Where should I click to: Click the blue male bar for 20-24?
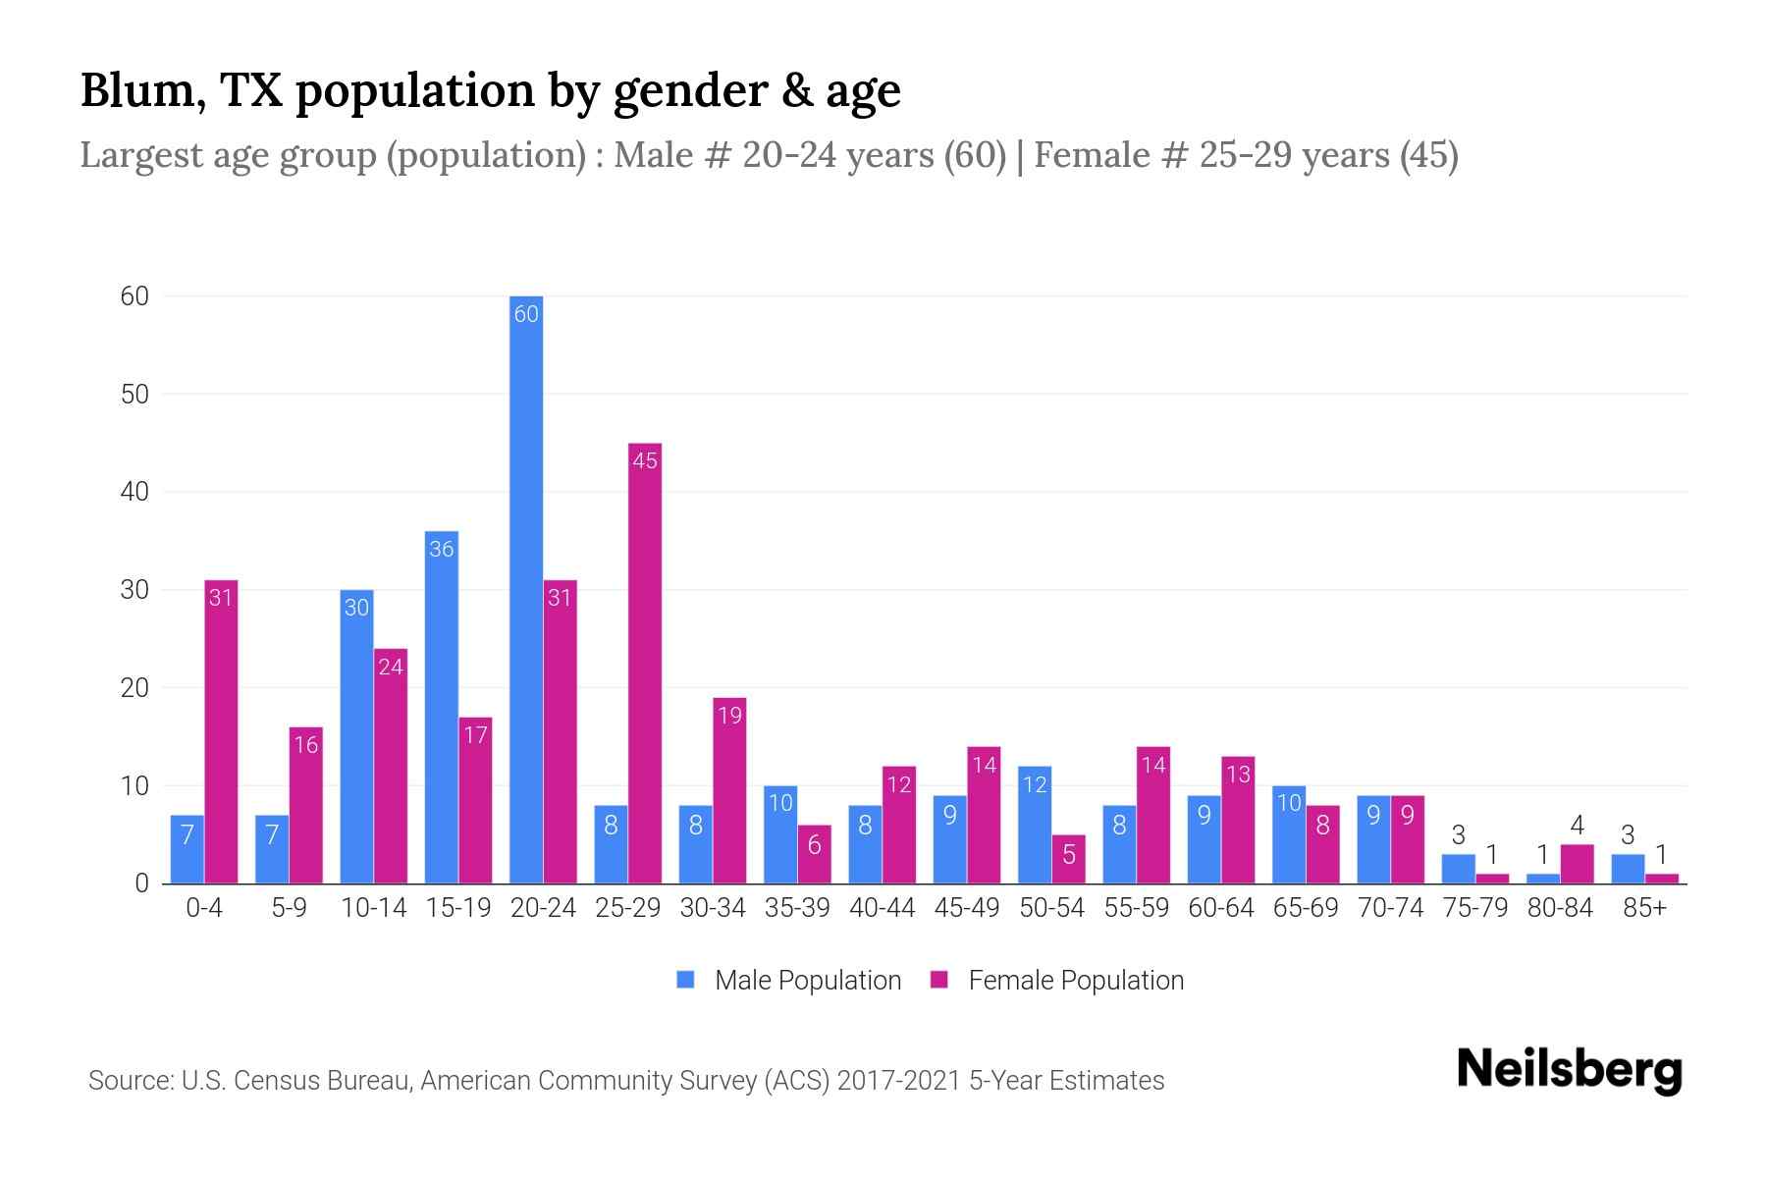(x=526, y=589)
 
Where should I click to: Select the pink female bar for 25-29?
(x=645, y=663)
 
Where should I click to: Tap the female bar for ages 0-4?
(x=221, y=731)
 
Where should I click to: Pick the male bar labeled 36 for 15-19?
(x=442, y=707)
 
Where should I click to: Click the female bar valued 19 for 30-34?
(x=729, y=790)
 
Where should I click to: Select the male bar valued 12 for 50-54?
(x=1035, y=825)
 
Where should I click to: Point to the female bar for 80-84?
(x=1577, y=864)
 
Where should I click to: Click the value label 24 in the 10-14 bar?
(x=391, y=668)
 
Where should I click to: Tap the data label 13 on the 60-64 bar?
(x=1238, y=775)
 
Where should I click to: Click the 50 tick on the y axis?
(x=134, y=395)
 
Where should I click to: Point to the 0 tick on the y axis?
(x=141, y=883)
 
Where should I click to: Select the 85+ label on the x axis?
(x=1644, y=908)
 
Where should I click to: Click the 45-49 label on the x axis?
(x=967, y=908)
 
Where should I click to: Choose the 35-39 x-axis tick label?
(x=797, y=908)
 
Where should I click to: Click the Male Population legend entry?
(x=807, y=980)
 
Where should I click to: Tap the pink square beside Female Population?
(x=939, y=980)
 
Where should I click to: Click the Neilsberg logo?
(x=1569, y=1070)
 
